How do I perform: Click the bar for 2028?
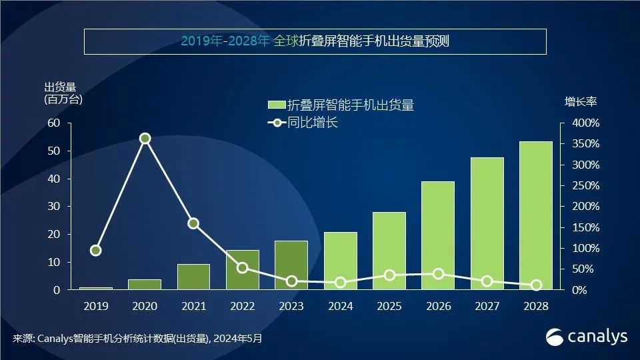pyautogui.click(x=536, y=216)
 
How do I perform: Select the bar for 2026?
pyautogui.click(x=438, y=236)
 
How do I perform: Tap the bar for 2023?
pyautogui.click(x=291, y=265)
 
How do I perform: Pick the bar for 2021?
pyautogui.click(x=193, y=277)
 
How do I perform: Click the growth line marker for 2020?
pyautogui.click(x=145, y=139)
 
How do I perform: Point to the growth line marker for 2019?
pyautogui.click(x=96, y=251)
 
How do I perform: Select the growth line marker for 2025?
pyautogui.click(x=389, y=275)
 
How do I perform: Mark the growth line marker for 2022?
pyautogui.click(x=243, y=268)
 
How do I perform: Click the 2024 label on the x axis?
pyautogui.click(x=340, y=307)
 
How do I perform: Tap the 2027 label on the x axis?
pyautogui.click(x=487, y=307)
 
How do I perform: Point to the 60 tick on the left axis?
pyautogui.click(x=54, y=123)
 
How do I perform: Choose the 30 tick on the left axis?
pyautogui.click(x=54, y=207)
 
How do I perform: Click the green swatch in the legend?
pyautogui.click(x=276, y=105)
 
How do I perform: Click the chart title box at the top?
pyautogui.click(x=315, y=41)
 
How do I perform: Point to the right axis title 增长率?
pyautogui.click(x=581, y=102)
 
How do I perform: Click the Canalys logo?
pyautogui.click(x=587, y=337)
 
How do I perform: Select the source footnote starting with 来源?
pyautogui.click(x=137, y=339)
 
